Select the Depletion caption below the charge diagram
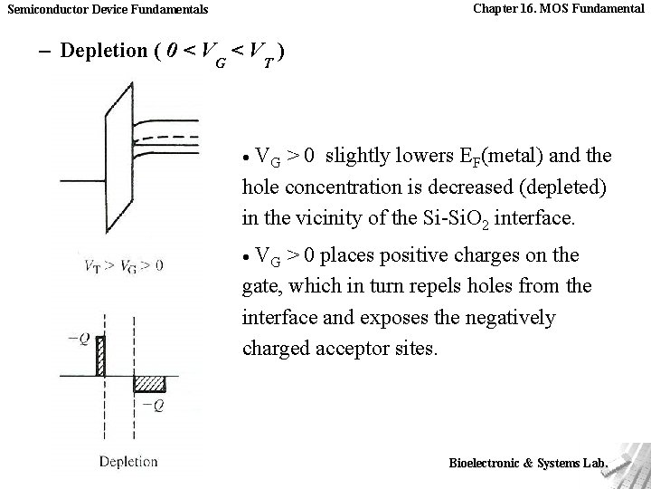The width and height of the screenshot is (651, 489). click(128, 461)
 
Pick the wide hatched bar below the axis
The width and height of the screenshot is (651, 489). click(149, 384)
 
